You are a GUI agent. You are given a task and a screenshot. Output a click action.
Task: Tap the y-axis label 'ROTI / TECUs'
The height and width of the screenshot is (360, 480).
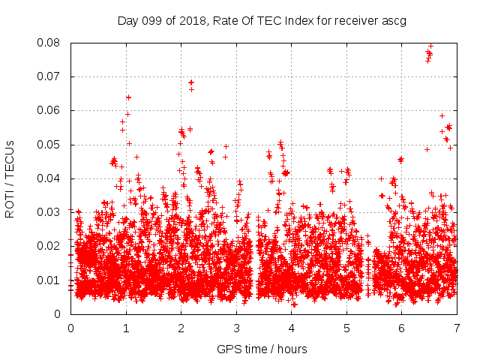click(10, 179)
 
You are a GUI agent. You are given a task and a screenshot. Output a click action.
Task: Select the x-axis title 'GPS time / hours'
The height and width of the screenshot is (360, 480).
click(262, 349)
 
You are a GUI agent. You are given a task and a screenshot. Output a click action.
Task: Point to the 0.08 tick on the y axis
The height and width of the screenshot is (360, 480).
click(48, 43)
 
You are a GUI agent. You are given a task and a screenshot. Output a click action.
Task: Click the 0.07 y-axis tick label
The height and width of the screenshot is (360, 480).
click(48, 76)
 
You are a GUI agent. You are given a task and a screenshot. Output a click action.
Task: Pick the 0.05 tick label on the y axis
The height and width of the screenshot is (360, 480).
click(48, 145)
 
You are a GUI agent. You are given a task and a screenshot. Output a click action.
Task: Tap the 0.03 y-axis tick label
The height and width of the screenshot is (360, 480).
click(48, 212)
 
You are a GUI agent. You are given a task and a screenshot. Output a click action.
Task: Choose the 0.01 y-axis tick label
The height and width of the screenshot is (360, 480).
click(48, 280)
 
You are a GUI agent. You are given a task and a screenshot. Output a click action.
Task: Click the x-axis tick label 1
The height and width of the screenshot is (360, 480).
click(126, 328)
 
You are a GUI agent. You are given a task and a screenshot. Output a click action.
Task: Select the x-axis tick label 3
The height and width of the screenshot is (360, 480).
click(236, 328)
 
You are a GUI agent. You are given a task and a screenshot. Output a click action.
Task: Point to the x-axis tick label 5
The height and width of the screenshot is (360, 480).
click(346, 328)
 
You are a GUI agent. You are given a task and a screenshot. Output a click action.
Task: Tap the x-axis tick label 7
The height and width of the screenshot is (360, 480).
click(457, 328)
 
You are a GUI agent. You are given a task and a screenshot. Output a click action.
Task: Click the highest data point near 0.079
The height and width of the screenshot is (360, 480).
click(430, 46)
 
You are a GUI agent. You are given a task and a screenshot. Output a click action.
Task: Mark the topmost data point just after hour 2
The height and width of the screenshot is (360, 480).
click(191, 82)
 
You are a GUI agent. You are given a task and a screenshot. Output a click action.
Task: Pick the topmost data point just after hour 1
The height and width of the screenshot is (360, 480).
click(128, 97)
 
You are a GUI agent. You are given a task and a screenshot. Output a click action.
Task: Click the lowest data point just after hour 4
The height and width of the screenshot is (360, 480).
click(294, 304)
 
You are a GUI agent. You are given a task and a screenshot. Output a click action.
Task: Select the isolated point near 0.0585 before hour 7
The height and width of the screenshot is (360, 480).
click(442, 116)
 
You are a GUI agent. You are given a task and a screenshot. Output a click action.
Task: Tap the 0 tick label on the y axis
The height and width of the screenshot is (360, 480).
click(57, 314)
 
